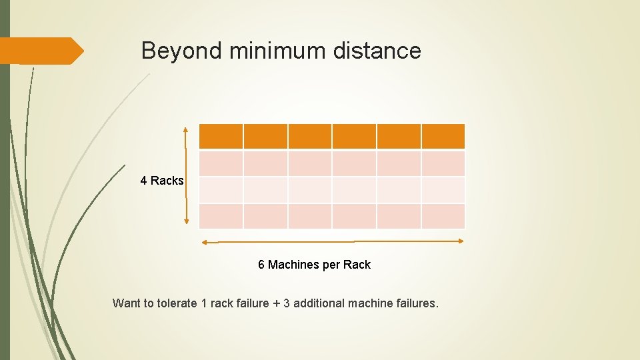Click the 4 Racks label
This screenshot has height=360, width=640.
(x=162, y=181)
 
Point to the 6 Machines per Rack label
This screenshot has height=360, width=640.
(x=314, y=265)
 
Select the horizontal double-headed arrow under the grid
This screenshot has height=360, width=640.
(x=332, y=241)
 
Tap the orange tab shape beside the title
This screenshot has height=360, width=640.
(x=40, y=51)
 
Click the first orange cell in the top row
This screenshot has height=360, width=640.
(x=221, y=136)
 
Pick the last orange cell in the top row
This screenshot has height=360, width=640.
(x=443, y=136)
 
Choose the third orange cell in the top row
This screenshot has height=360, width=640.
(x=310, y=136)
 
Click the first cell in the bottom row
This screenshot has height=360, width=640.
(x=221, y=216)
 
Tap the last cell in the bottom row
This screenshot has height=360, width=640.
(x=443, y=216)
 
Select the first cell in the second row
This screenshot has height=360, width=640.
(x=221, y=163)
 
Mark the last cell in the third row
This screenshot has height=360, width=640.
(x=443, y=190)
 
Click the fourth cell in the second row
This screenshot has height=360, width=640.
(x=354, y=163)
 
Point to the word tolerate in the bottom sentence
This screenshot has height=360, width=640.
(x=177, y=303)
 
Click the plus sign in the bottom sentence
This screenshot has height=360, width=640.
(x=276, y=303)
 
